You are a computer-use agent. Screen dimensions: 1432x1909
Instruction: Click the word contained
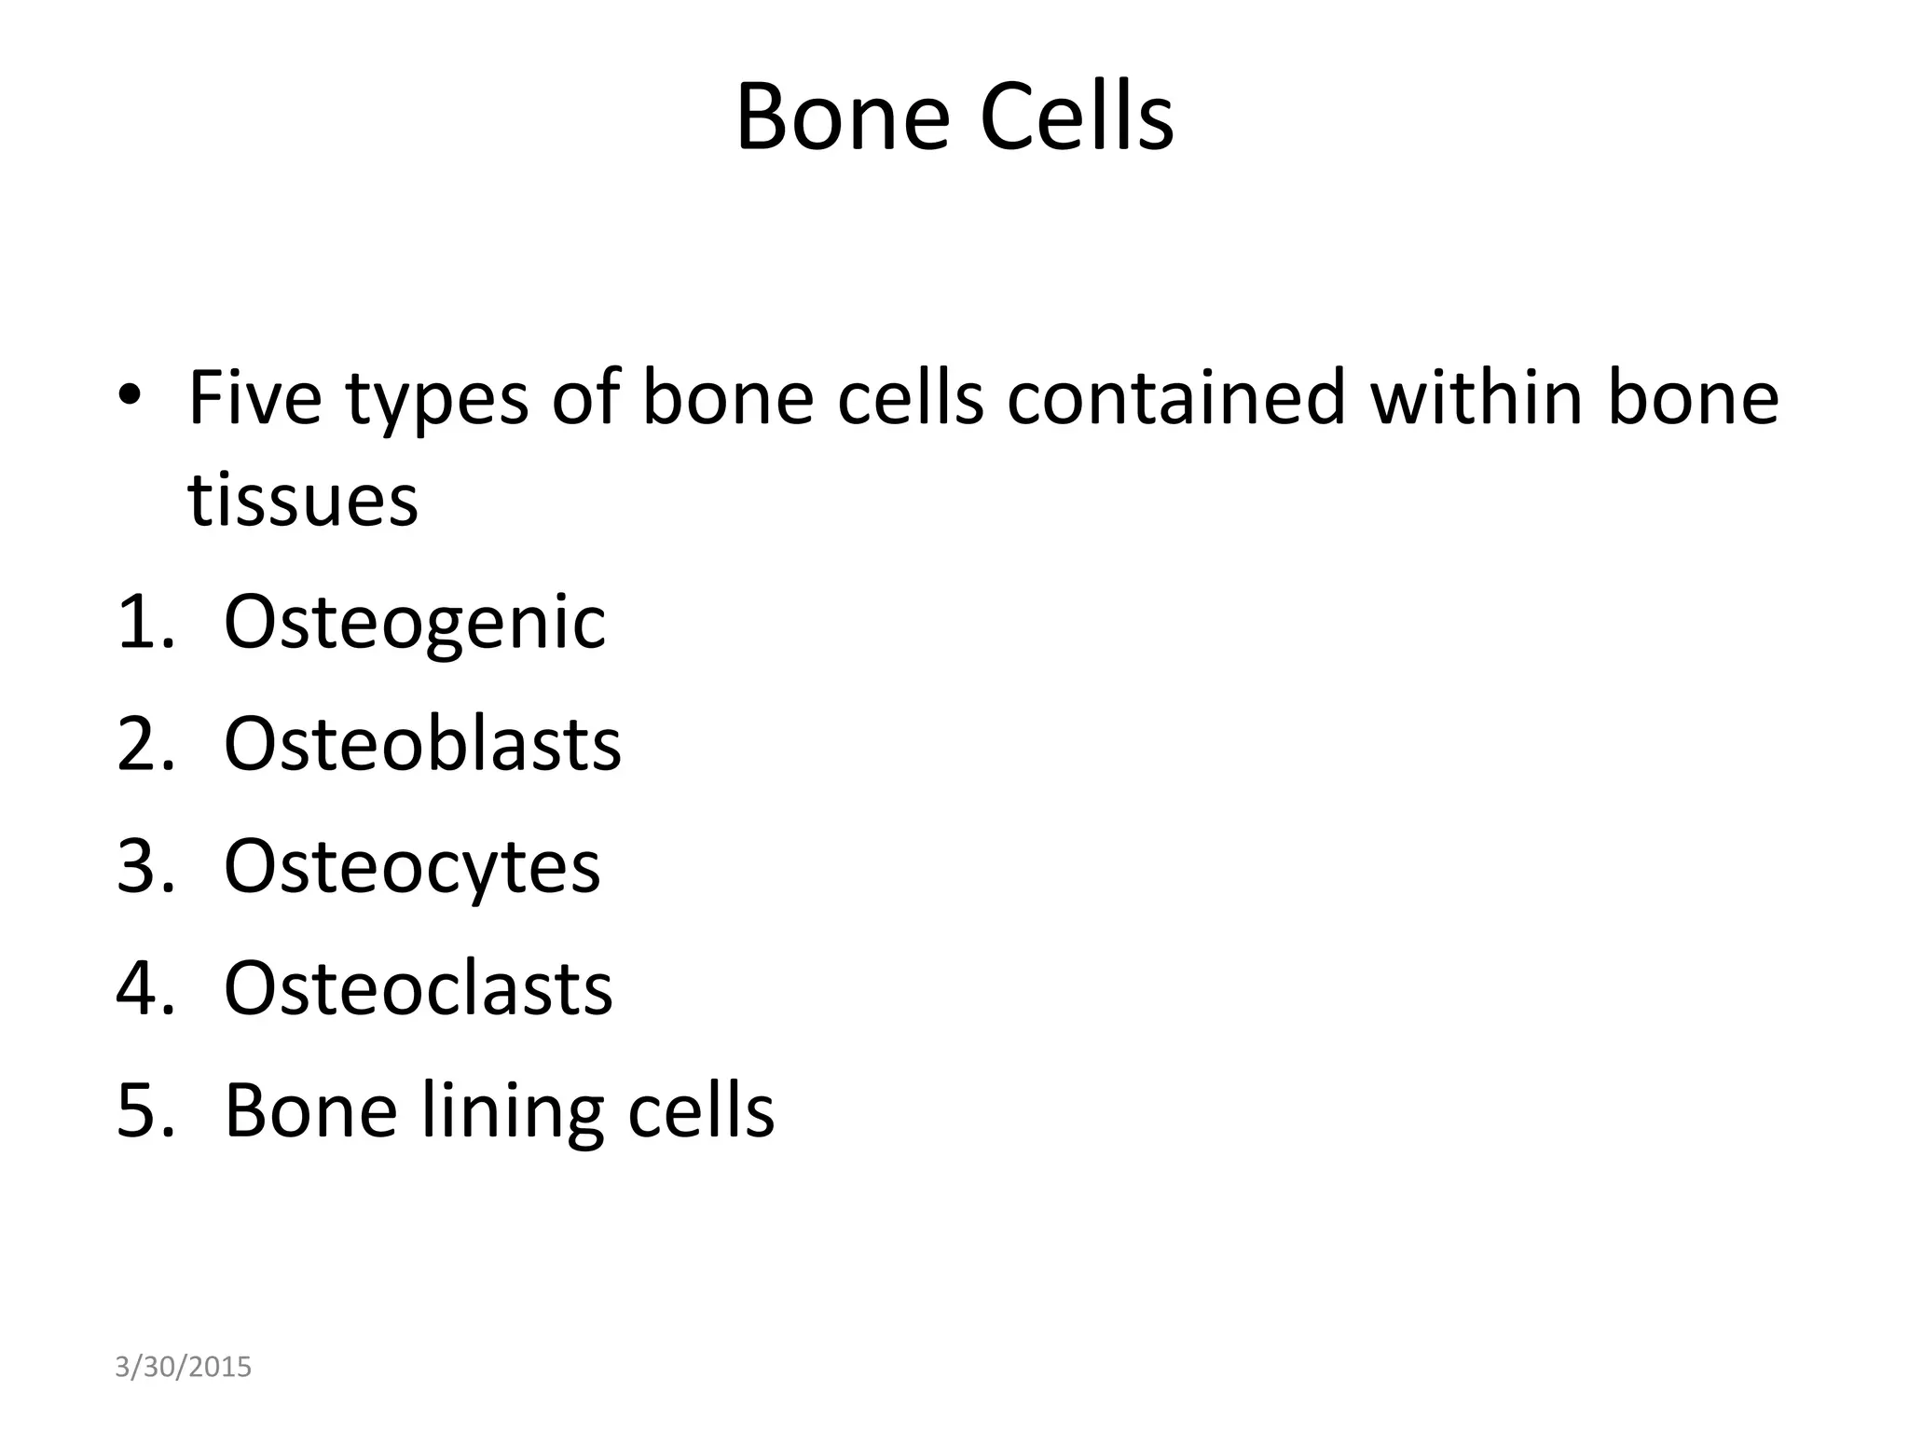point(1176,397)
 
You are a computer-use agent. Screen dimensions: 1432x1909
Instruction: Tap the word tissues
point(303,500)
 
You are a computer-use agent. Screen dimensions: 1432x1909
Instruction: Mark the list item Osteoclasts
point(419,988)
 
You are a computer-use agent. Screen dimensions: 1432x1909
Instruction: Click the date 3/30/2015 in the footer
point(183,1367)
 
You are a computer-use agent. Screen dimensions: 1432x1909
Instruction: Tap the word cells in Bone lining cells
point(701,1110)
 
